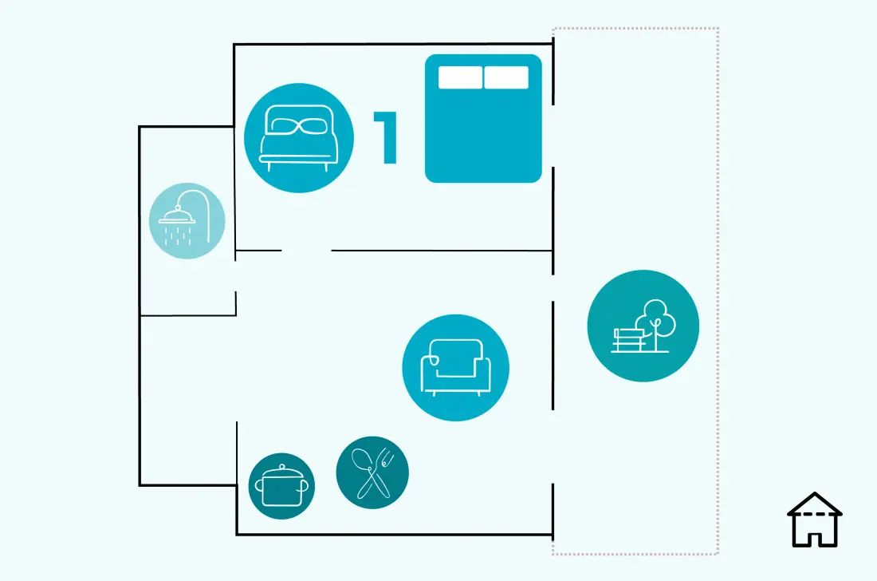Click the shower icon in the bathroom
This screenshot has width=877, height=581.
tap(187, 220)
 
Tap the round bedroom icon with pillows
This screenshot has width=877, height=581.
tap(299, 138)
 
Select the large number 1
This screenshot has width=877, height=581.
tap(386, 137)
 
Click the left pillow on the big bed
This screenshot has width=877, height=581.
tap(460, 77)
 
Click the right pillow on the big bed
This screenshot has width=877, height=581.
tap(506, 77)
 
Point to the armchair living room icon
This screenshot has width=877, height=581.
tap(455, 368)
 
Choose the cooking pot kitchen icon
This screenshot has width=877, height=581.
tap(281, 486)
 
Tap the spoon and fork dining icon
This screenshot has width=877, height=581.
tap(372, 472)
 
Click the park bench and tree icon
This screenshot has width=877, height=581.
tap(643, 326)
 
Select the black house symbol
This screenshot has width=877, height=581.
tap(814, 520)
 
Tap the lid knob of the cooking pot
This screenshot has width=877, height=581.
tap(282, 467)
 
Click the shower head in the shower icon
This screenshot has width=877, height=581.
tap(177, 216)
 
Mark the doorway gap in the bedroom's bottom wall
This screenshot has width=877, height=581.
tap(306, 251)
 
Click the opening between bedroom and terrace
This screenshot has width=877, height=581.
tap(553, 136)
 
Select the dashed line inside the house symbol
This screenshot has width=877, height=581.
tap(814, 514)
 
